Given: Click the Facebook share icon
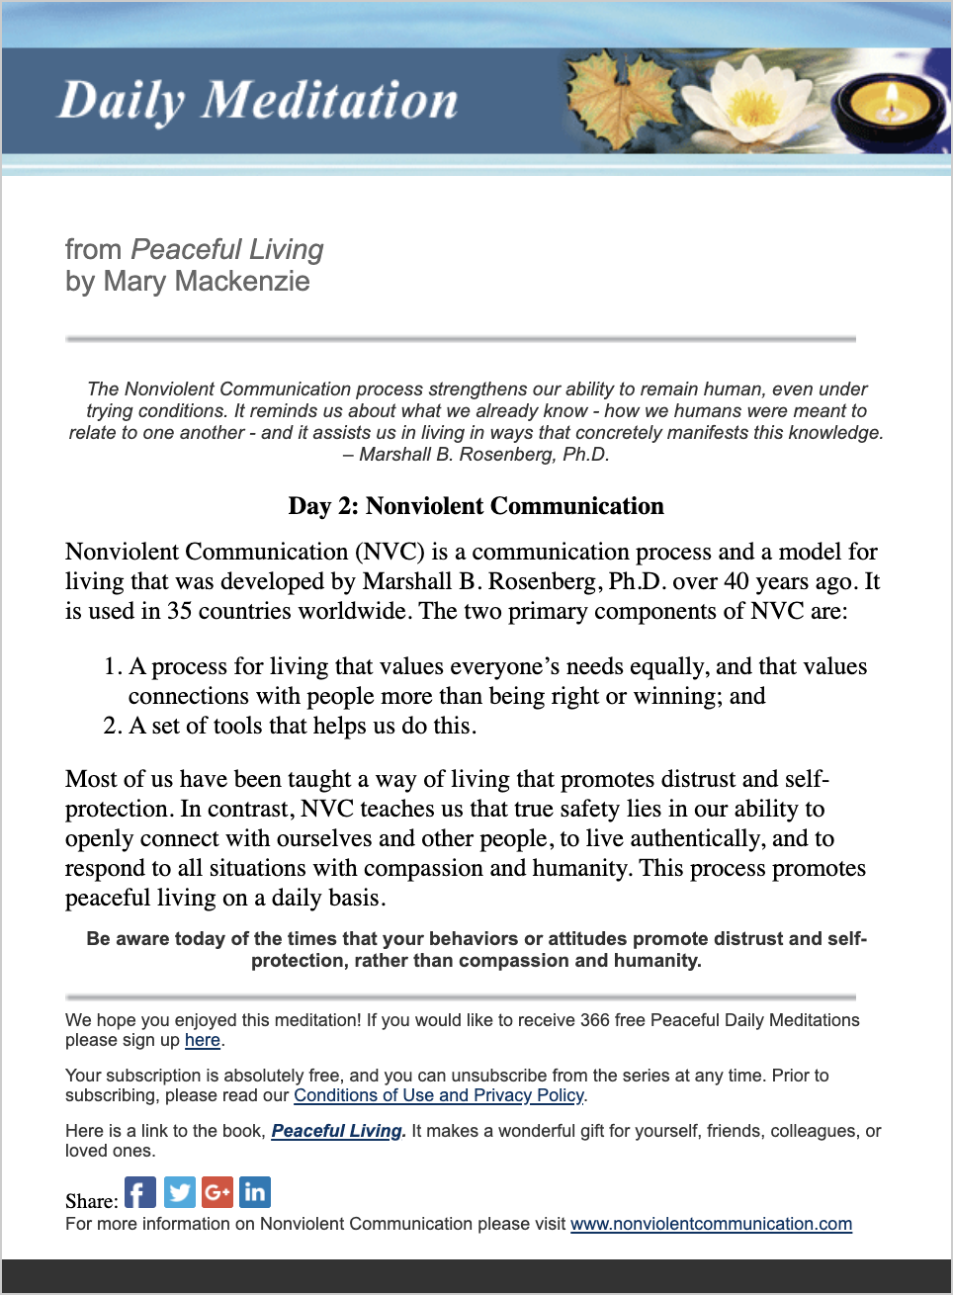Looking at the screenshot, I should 140,1192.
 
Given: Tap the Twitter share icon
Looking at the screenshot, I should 179,1192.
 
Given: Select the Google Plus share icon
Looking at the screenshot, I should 217,1192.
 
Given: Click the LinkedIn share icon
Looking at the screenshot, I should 255,1192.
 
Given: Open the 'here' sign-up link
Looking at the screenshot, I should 203,1040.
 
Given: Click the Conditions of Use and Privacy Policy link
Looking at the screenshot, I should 439,1095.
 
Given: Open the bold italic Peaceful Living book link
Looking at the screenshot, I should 337,1131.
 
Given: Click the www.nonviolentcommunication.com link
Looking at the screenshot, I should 711,1224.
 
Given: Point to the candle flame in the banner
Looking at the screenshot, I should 890,97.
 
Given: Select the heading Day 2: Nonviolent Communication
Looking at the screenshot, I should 476,506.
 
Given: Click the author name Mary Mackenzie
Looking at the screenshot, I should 207,282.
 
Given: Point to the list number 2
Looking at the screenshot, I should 112,727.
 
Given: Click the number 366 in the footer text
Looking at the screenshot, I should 595,1020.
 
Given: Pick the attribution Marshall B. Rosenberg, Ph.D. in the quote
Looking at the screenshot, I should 484,455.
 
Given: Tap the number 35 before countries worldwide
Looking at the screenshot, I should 179,611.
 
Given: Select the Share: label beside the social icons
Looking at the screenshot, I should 91,1201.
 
